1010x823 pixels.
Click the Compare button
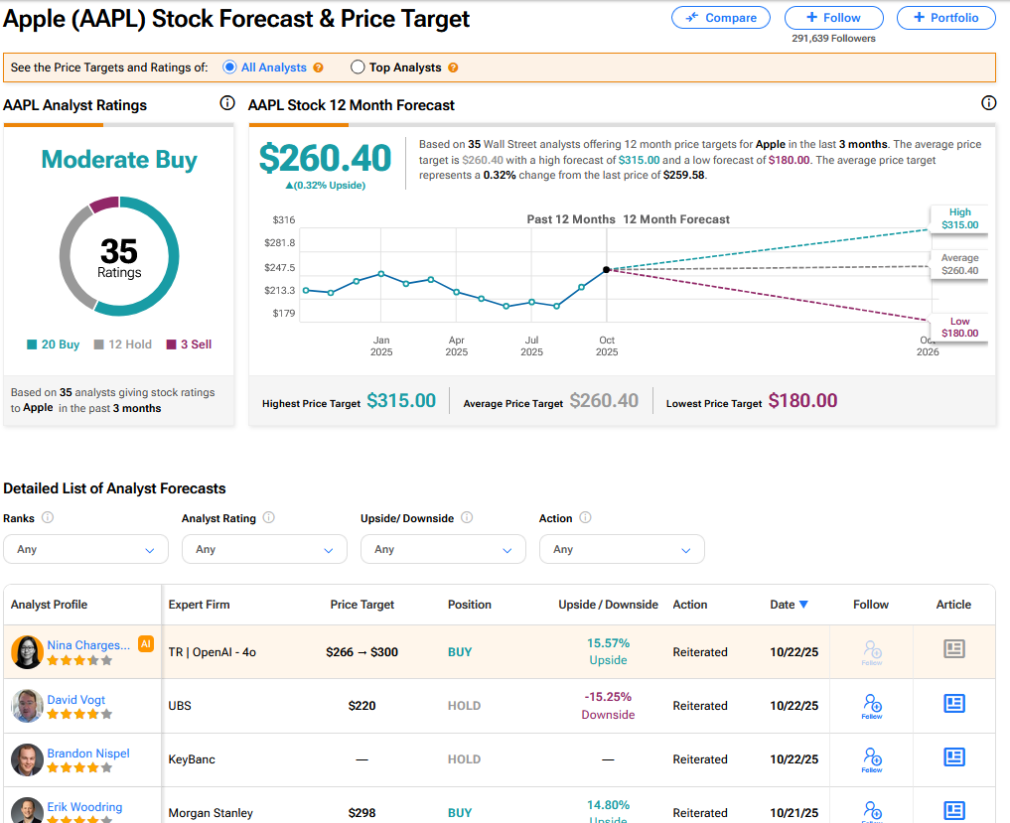coord(720,18)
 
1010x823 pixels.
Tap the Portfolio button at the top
coord(945,18)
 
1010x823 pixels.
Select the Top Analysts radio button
coord(359,68)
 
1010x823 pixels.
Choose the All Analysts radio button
coord(229,68)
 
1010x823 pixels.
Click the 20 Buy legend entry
coord(54,344)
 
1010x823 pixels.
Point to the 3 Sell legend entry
coord(189,344)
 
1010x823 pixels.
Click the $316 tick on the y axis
coord(284,219)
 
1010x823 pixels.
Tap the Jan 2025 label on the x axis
coord(381,346)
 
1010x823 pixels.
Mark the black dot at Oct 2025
coord(606,269)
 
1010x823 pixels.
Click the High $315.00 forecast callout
coord(959,218)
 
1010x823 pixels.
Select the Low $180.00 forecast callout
coord(959,328)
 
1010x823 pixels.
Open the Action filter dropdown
coord(622,549)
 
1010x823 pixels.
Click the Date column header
coord(789,605)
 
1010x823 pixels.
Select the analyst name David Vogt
coord(76,700)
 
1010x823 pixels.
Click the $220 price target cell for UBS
coord(361,706)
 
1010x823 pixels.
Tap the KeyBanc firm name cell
coord(192,759)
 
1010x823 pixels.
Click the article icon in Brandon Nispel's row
coord(953,757)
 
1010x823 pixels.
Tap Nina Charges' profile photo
coord(27,652)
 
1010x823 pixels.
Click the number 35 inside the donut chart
coord(119,251)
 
